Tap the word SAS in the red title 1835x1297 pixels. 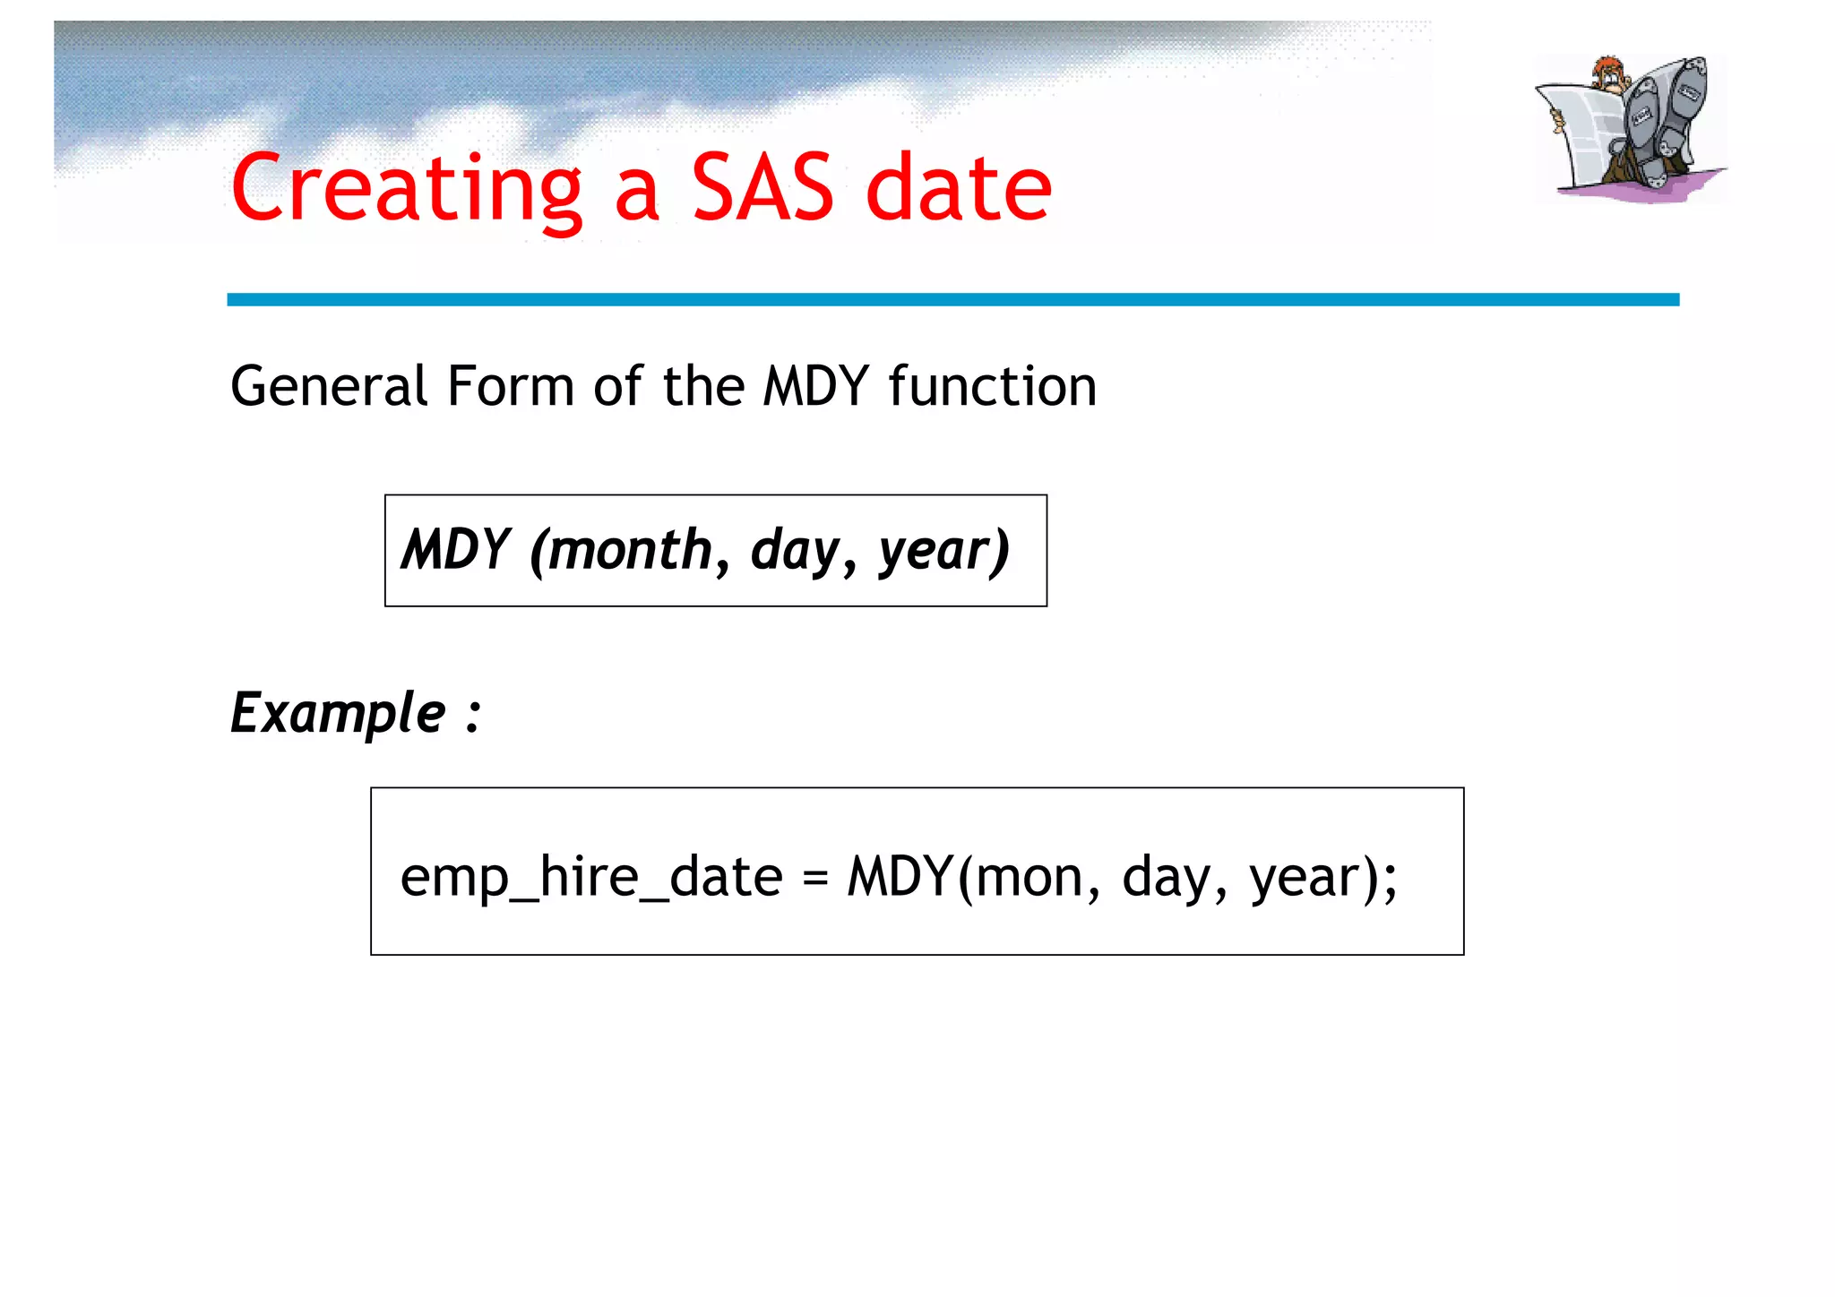762,188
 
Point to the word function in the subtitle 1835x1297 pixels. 992,387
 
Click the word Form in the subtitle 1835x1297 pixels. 510,387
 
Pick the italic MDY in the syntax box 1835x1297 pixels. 455,549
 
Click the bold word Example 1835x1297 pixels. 338,714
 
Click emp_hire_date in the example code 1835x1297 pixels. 591,877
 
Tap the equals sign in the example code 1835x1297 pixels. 814,878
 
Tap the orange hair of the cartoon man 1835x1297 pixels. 1609,66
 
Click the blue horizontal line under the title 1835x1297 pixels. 952,299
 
